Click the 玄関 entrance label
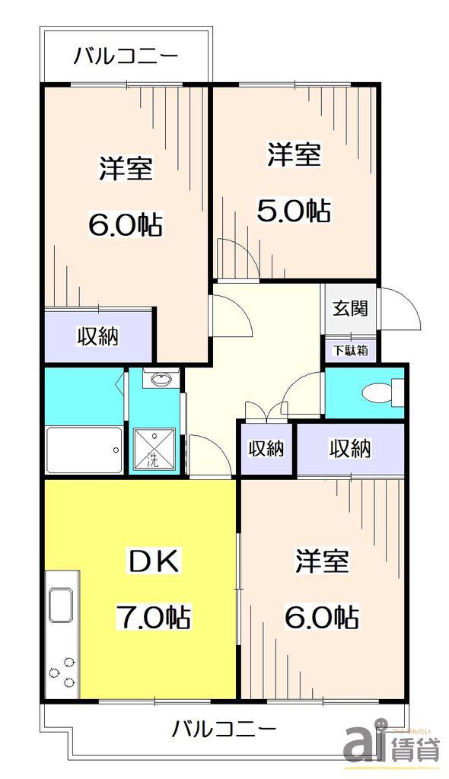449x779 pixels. [x=350, y=309]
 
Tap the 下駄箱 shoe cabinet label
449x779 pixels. [x=350, y=350]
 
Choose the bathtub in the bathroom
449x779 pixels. [x=84, y=450]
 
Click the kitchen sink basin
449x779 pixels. [x=61, y=605]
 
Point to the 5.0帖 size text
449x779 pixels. [x=293, y=210]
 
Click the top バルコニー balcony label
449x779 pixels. [x=126, y=56]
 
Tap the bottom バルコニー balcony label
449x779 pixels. [x=223, y=729]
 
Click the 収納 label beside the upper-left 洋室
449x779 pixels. [x=97, y=336]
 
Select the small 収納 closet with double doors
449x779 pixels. [x=266, y=449]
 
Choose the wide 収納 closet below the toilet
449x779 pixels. [x=350, y=449]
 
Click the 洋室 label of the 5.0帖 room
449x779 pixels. [x=293, y=154]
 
